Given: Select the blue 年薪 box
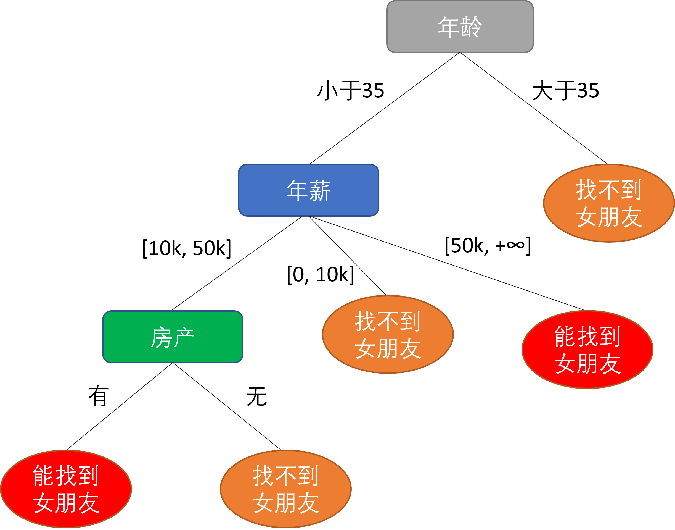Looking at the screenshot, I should (x=308, y=190).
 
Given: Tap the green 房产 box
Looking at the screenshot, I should (x=173, y=337).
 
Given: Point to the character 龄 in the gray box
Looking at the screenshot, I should (x=471, y=27).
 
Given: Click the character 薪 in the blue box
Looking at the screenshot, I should (x=320, y=190).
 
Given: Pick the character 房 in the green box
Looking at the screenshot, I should (x=161, y=337).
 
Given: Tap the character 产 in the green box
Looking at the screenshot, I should (x=184, y=337).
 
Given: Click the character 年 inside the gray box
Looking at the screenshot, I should (x=448, y=27).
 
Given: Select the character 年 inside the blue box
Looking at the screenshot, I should (x=297, y=190).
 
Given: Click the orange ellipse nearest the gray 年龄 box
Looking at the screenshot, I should (x=609, y=203).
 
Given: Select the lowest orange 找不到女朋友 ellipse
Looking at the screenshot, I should (x=285, y=489).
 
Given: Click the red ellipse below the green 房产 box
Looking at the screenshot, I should (x=66, y=489).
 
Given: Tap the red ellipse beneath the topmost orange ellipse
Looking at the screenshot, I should (x=587, y=349).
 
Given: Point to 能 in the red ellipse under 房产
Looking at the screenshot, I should (x=44, y=475).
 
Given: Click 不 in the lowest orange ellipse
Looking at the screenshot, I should (x=285, y=475).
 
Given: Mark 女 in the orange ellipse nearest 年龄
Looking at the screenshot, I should (x=586, y=217).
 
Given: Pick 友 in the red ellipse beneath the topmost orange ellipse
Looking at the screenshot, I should (x=610, y=363).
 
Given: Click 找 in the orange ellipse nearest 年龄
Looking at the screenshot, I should (x=586, y=190).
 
